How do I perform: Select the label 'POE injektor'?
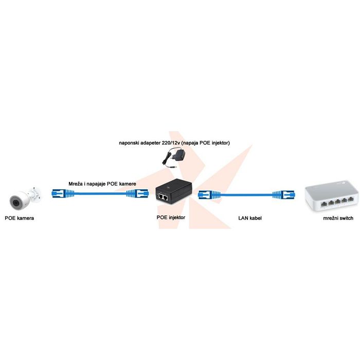(x=171, y=218)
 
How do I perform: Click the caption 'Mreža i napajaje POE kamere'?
(x=103, y=184)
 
